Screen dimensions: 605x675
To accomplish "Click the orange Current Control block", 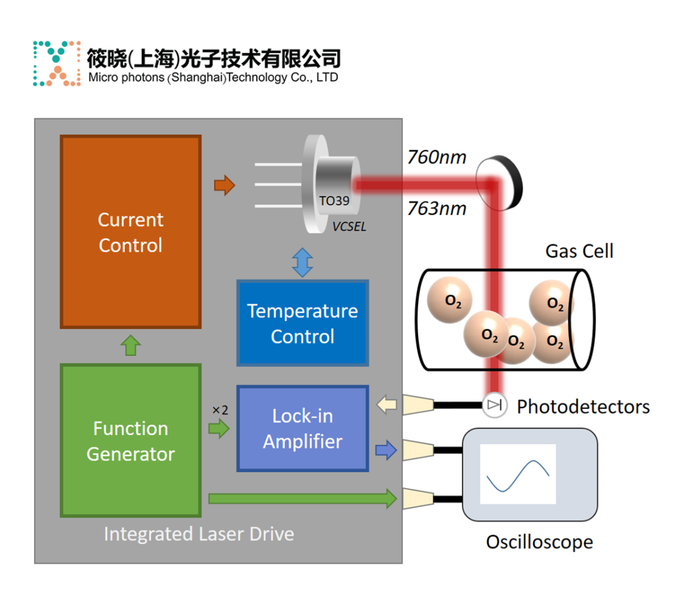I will pos(130,231).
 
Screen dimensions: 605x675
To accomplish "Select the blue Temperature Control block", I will pos(302,322).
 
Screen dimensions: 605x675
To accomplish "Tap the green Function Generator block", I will pos(130,441).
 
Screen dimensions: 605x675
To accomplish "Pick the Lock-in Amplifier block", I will pos(302,428).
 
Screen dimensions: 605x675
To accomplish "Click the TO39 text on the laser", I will pos(334,201).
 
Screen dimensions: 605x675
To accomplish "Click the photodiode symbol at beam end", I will pos(494,406).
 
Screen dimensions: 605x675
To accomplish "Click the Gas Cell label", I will pos(579,251).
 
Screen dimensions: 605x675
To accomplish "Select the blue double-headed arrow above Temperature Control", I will pos(302,262).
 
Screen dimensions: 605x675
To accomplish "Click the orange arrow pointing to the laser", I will pos(224,185).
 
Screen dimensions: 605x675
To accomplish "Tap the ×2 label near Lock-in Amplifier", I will pos(219,410).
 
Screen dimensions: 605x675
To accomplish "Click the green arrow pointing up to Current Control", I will pos(130,345).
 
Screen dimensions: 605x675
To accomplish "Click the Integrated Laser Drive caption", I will pos(199,534).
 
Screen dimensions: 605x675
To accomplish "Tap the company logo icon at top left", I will pos(56,64).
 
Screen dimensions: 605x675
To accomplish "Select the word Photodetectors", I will pos(583,407).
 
